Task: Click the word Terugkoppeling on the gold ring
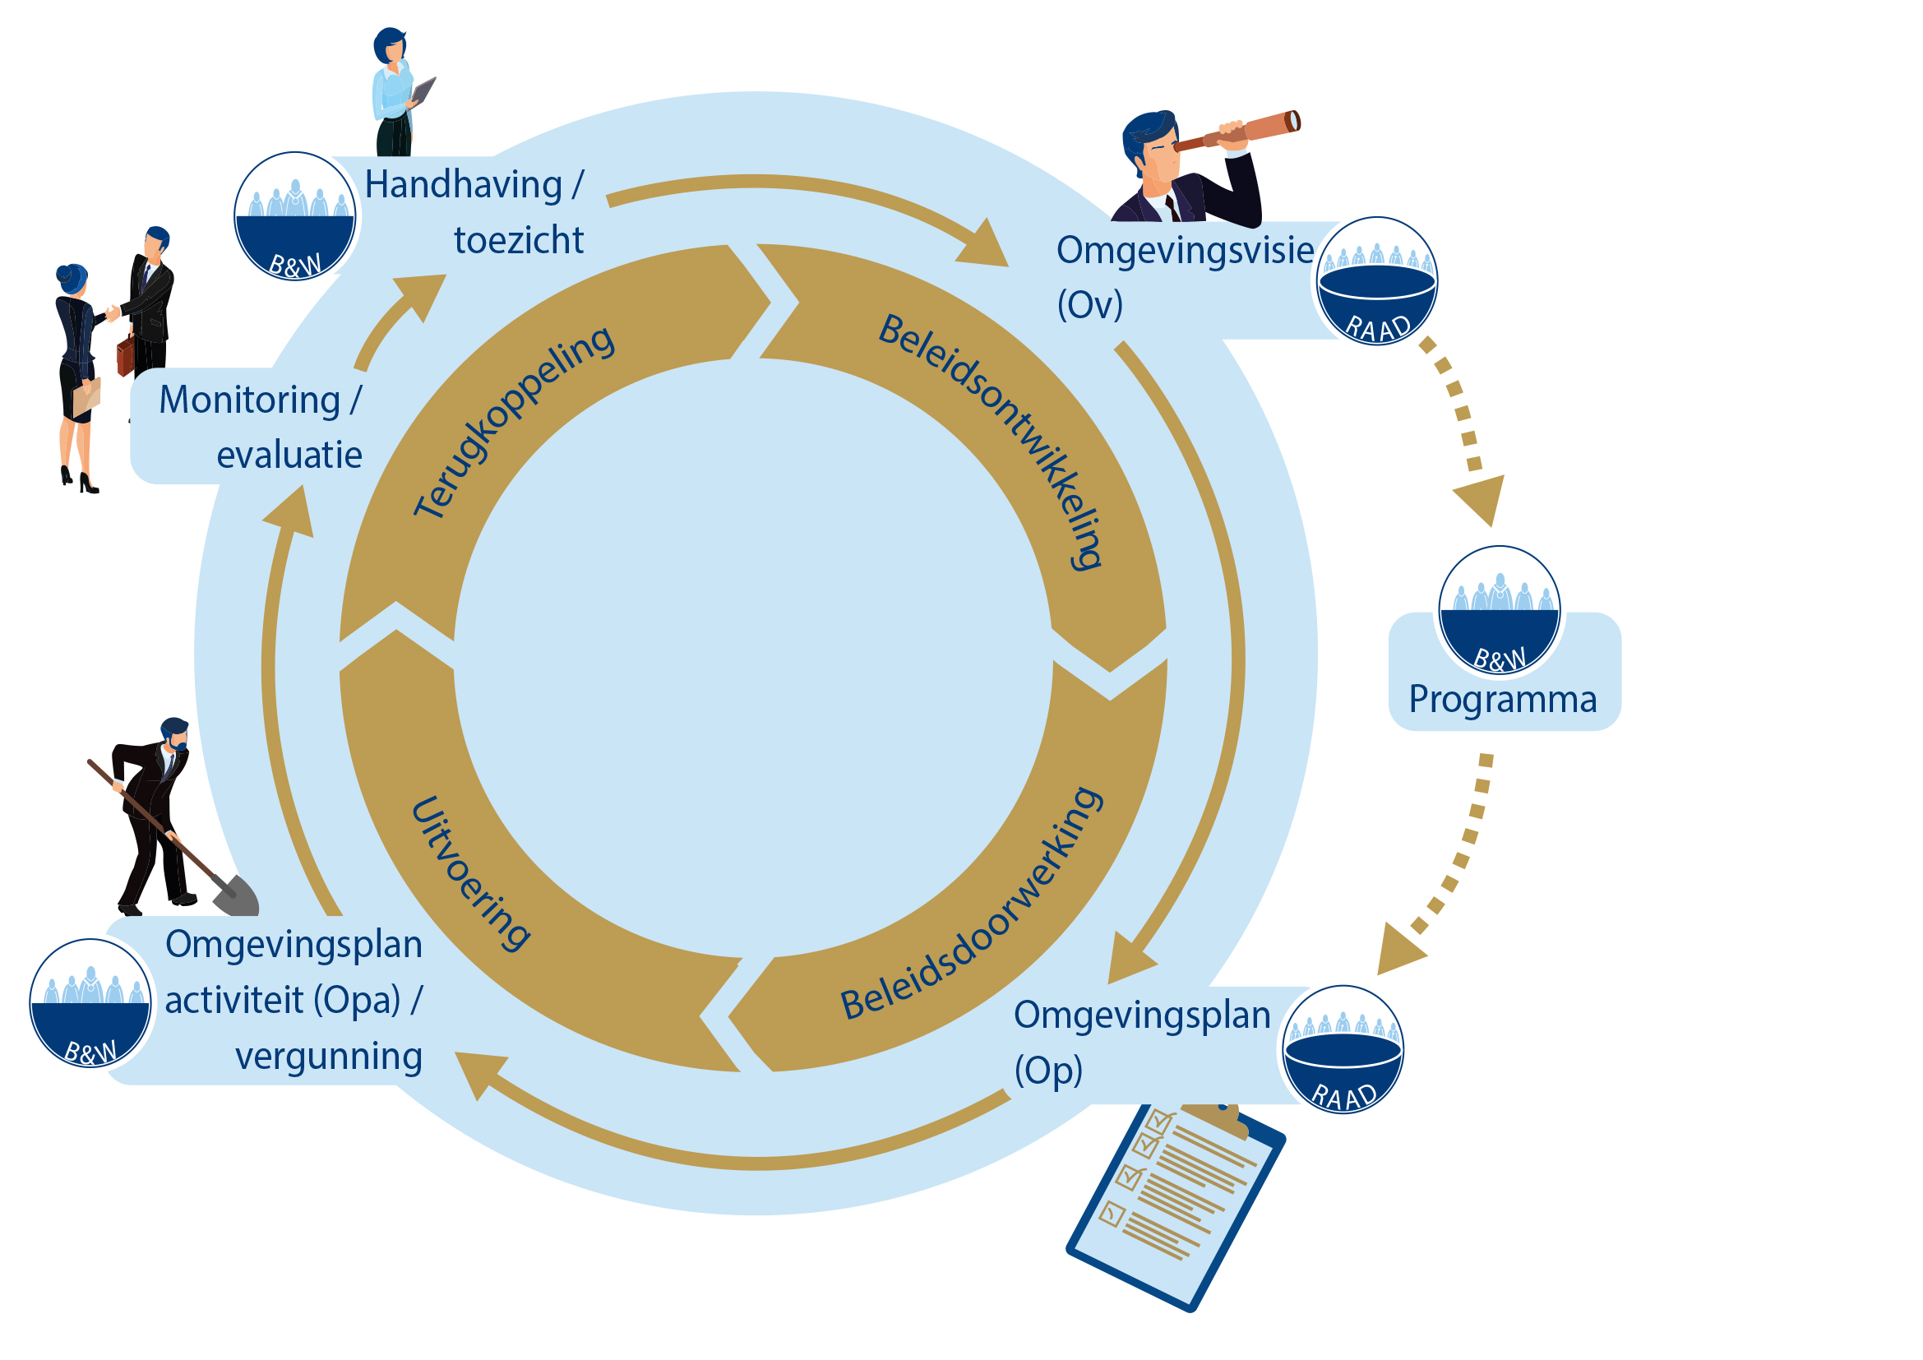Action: pos(513,420)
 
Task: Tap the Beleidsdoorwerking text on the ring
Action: pos(973,904)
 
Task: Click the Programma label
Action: pos(1503,699)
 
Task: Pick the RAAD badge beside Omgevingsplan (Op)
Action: pos(1343,1050)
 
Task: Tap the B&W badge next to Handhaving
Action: pos(295,216)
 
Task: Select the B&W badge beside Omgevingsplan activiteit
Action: pos(90,1003)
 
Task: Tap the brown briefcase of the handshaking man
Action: pos(125,355)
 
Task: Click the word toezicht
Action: pos(519,241)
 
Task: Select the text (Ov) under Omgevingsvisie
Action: pos(1089,305)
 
